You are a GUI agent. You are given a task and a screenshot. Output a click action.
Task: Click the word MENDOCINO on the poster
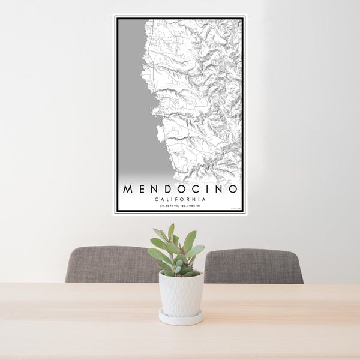[180, 189]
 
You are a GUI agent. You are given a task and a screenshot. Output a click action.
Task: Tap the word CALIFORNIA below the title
[180, 199]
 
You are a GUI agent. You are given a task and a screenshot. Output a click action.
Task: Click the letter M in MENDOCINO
[127, 189]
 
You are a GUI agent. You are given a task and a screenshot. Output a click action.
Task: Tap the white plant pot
[181, 294]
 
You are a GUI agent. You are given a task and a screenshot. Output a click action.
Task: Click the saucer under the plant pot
[181, 317]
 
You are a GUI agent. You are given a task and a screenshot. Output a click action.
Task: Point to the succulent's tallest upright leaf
[172, 233]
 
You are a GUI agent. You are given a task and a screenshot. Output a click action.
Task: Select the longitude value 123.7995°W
[191, 206]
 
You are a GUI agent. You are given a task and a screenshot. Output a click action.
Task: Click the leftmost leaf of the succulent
[155, 254]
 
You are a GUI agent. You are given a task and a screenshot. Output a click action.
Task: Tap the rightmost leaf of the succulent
[196, 250]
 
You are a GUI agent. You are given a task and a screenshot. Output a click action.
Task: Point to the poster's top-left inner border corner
[118, 19]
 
